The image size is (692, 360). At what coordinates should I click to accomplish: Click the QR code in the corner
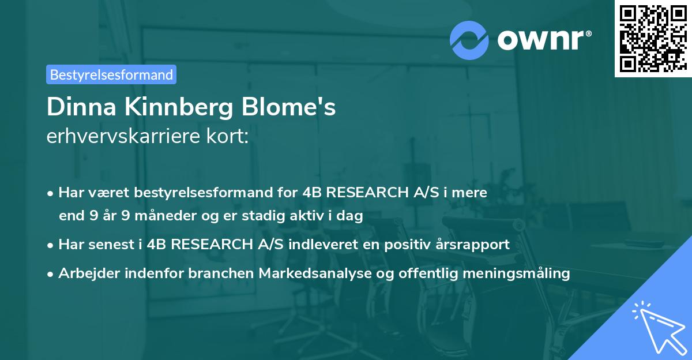point(652,38)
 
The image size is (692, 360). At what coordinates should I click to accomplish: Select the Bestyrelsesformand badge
point(111,74)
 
